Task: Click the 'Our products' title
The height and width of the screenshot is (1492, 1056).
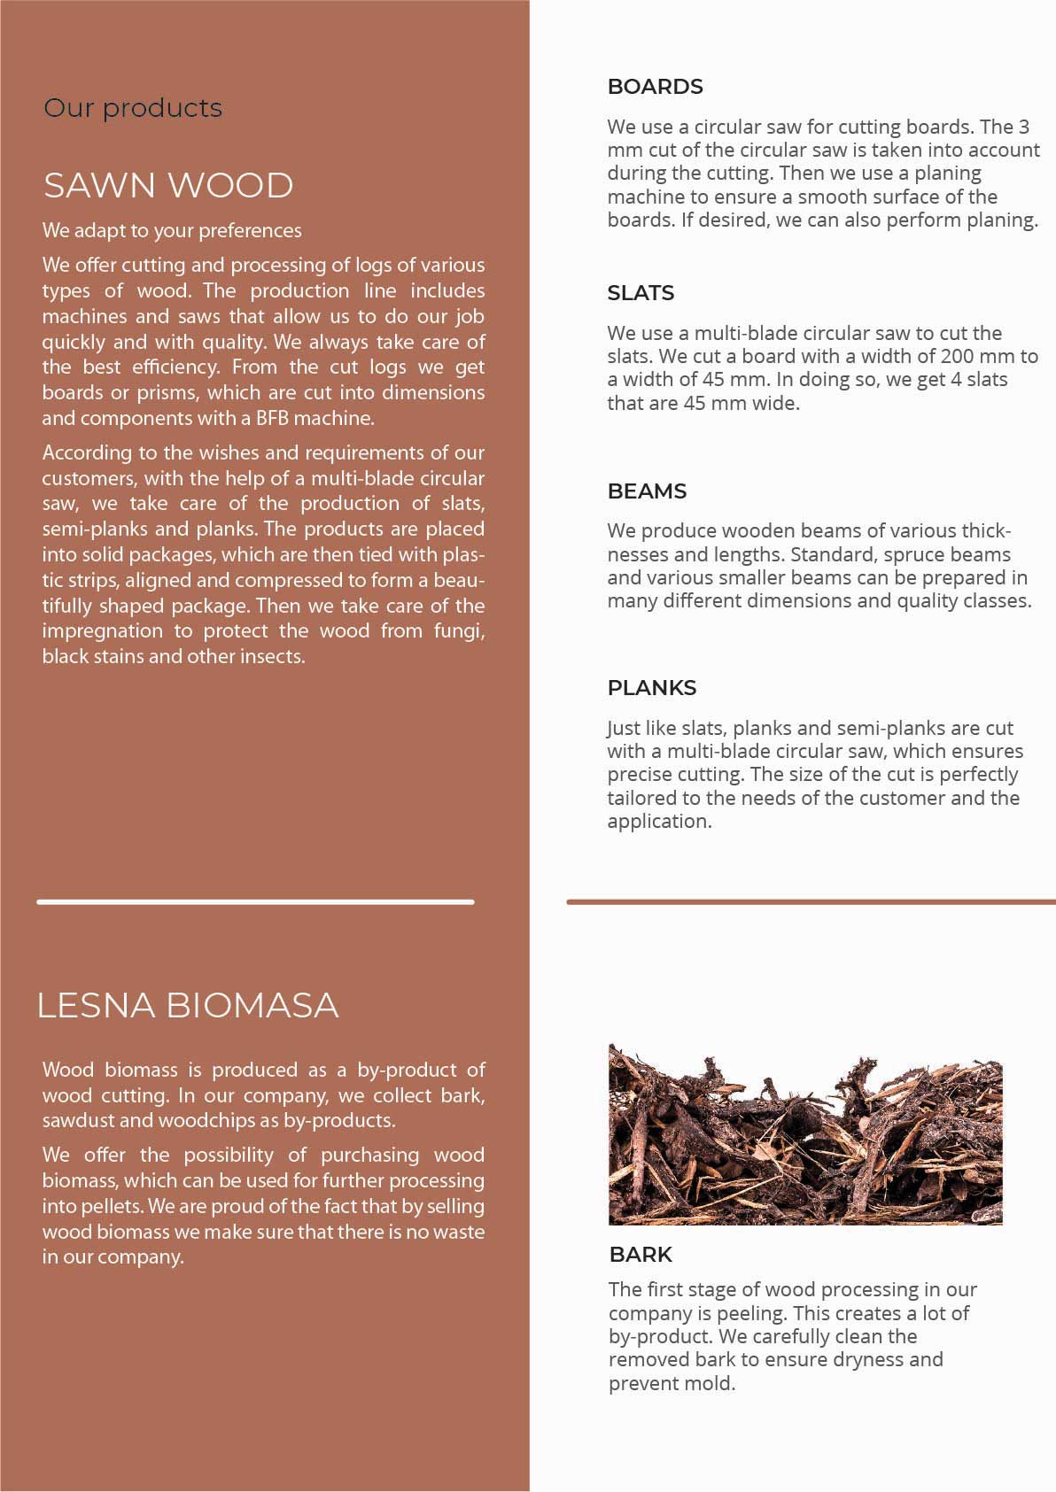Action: (x=133, y=108)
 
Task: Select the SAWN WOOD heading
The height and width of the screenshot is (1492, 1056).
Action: (x=168, y=186)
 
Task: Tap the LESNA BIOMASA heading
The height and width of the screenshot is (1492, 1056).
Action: (x=188, y=1005)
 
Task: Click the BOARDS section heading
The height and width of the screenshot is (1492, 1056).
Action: (x=655, y=87)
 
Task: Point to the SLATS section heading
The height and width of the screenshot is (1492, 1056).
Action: (x=641, y=293)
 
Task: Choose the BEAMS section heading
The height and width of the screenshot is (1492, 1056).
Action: (x=647, y=491)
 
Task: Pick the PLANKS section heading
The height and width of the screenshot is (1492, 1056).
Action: (x=651, y=688)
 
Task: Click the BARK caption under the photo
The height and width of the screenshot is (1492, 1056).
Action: (x=641, y=1255)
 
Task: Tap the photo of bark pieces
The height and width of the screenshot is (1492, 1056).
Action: (x=805, y=1135)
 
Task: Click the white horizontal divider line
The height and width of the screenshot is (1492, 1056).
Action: (x=255, y=902)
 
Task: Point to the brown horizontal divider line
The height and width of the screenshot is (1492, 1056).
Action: (x=811, y=902)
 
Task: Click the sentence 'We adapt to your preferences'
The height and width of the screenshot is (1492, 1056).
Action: (x=172, y=231)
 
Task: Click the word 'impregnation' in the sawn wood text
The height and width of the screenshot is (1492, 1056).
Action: (x=103, y=631)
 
